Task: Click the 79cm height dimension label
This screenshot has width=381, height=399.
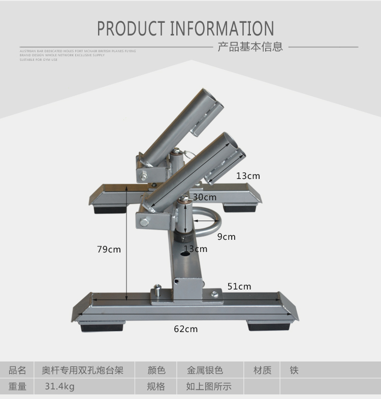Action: (x=109, y=249)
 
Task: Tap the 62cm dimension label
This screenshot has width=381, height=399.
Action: (x=185, y=329)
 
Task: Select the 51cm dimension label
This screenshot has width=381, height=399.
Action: (x=239, y=286)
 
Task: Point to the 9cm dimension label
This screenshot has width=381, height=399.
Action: (x=226, y=237)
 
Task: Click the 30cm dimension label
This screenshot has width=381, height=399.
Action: (x=204, y=197)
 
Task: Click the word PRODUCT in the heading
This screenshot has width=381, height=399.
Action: (x=131, y=29)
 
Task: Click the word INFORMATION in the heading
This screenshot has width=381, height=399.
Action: (x=222, y=29)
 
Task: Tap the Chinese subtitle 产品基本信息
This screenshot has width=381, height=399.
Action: (x=250, y=47)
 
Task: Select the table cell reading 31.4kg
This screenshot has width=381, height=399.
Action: (x=59, y=386)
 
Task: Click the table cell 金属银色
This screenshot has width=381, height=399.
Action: (x=205, y=371)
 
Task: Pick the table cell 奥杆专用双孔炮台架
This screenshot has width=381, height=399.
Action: (x=82, y=371)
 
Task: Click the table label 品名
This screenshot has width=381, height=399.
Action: (x=18, y=371)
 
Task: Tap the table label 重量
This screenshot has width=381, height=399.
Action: (x=18, y=386)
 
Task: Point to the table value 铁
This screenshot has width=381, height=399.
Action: (x=294, y=371)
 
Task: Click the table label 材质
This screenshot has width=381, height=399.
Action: (x=262, y=371)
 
